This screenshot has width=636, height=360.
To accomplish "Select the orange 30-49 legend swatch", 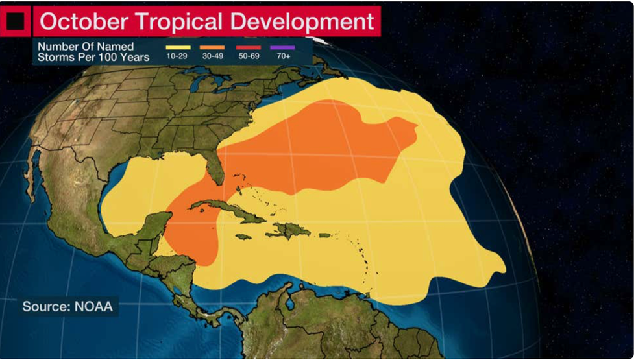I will point(212,47).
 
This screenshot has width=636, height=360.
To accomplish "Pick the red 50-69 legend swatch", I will point(248,47).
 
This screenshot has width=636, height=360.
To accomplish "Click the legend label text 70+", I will point(284,58).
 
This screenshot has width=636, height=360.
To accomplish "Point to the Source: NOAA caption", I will point(67,306).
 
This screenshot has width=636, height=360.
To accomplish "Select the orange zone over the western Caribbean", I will point(191,230).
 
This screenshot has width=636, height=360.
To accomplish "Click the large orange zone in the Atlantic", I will point(318,149).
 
